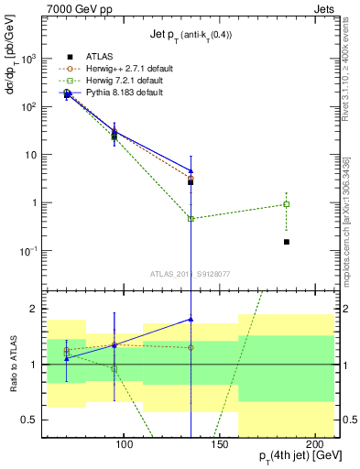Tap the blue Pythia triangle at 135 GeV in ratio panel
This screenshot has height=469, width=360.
[x=191, y=319]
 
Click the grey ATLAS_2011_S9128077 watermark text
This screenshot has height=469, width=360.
[x=191, y=273]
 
